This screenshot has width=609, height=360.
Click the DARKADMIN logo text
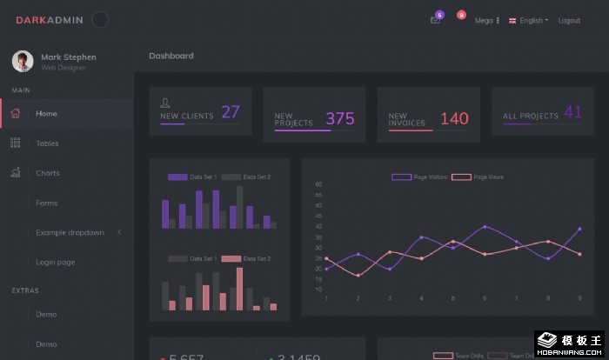[x=49, y=20]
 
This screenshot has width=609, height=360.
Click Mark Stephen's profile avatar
[x=23, y=61]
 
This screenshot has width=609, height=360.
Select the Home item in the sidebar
[x=46, y=113]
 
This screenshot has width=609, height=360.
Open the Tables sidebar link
[x=47, y=143]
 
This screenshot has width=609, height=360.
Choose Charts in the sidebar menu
[x=48, y=173]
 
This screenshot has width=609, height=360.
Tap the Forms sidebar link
[x=46, y=203]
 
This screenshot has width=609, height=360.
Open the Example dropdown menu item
[x=70, y=232]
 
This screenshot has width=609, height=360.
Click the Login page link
[x=55, y=262]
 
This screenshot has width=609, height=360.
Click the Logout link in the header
[x=569, y=20]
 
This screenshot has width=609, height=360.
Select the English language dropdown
[x=529, y=20]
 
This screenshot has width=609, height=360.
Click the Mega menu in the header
[x=485, y=20]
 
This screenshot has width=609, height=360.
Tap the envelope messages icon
[x=435, y=20]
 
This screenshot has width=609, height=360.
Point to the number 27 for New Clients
[x=231, y=112]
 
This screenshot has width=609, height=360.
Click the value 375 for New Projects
[x=340, y=119]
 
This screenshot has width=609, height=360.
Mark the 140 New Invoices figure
[x=454, y=119]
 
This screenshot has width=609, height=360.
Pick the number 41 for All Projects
[x=573, y=112]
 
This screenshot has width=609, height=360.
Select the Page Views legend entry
[x=478, y=177]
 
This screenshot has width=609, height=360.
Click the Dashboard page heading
[x=171, y=56]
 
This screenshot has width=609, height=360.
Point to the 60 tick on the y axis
[x=318, y=184]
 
